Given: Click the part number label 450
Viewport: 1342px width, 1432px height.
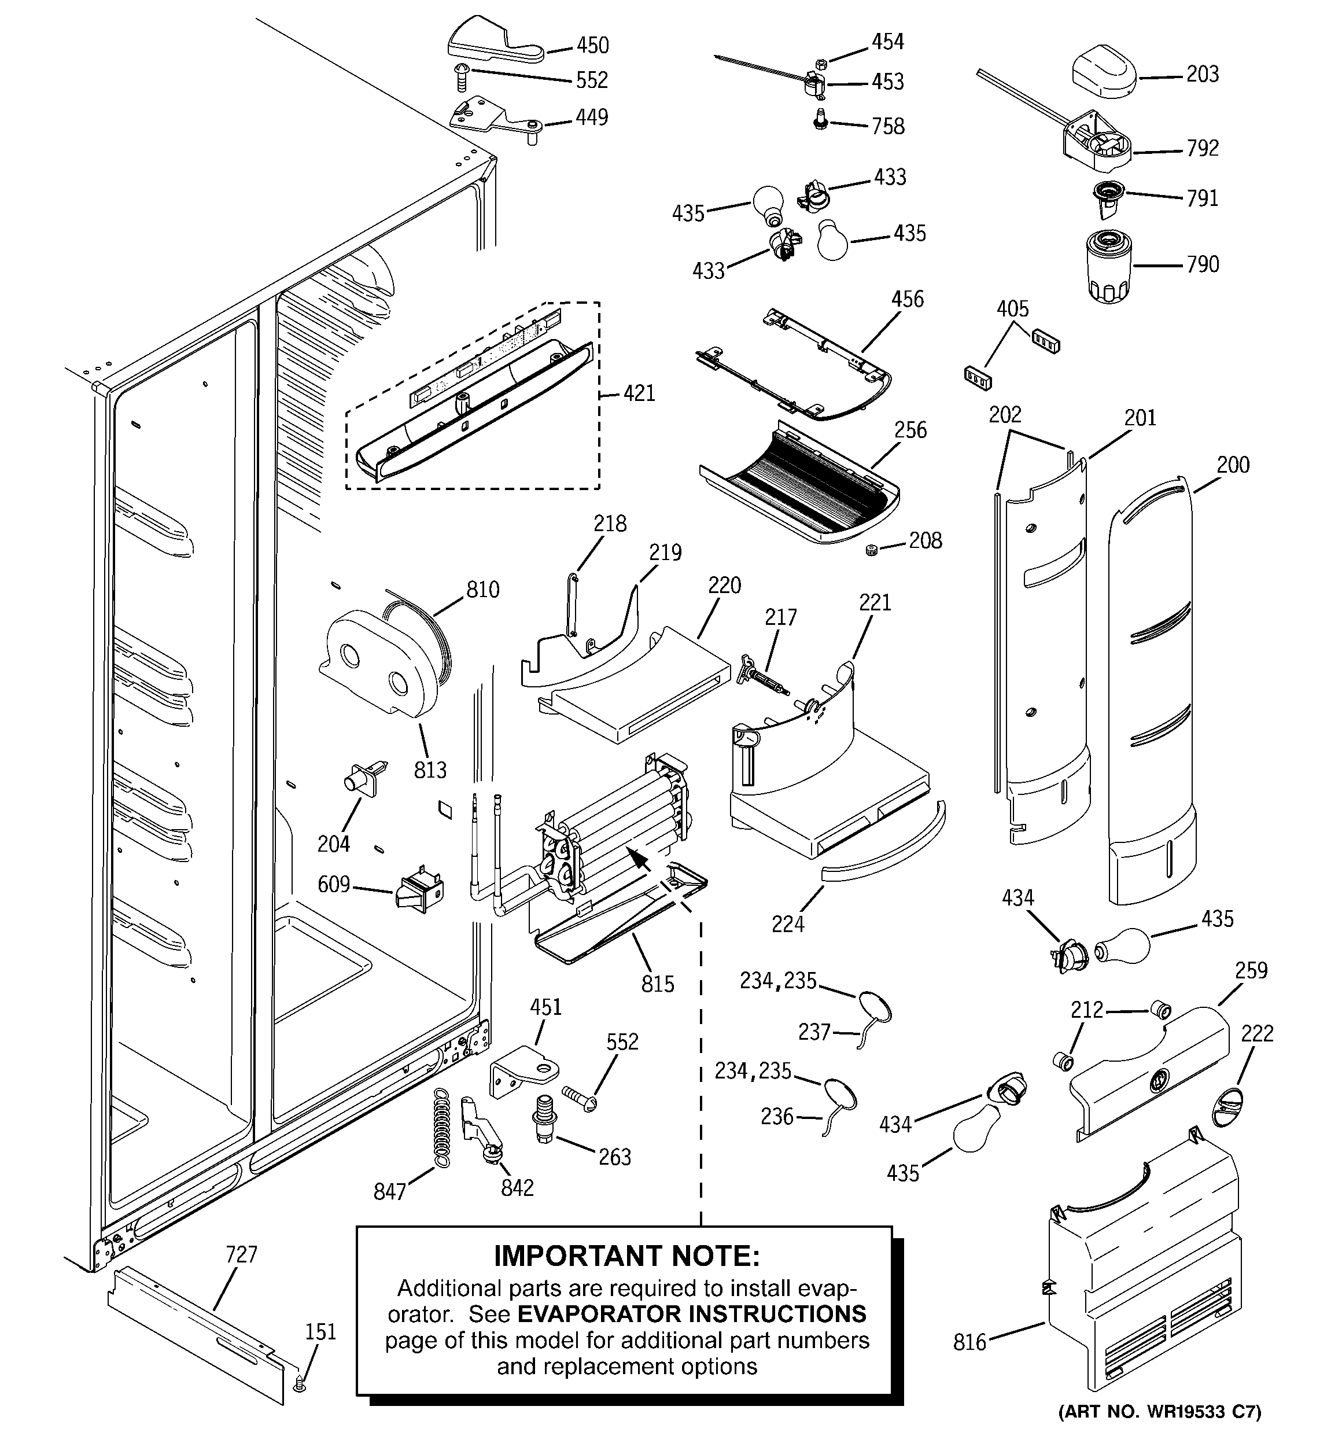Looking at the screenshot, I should point(592,45).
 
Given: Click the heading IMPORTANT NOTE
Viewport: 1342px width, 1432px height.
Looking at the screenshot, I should point(626,1256).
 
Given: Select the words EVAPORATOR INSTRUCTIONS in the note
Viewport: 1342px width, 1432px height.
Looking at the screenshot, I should point(691,1314).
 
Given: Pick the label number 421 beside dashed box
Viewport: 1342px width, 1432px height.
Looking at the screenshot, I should point(639,393).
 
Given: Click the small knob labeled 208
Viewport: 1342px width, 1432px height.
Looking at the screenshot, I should point(872,551).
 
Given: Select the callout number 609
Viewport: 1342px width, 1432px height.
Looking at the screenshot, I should point(334,884).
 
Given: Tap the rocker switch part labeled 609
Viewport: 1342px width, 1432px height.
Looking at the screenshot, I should point(421,893).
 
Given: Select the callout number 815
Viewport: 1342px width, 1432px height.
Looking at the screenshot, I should point(658,984).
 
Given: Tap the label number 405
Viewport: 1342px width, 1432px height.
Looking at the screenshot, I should point(1012,309).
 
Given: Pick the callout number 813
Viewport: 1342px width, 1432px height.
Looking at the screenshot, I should point(430,770).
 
